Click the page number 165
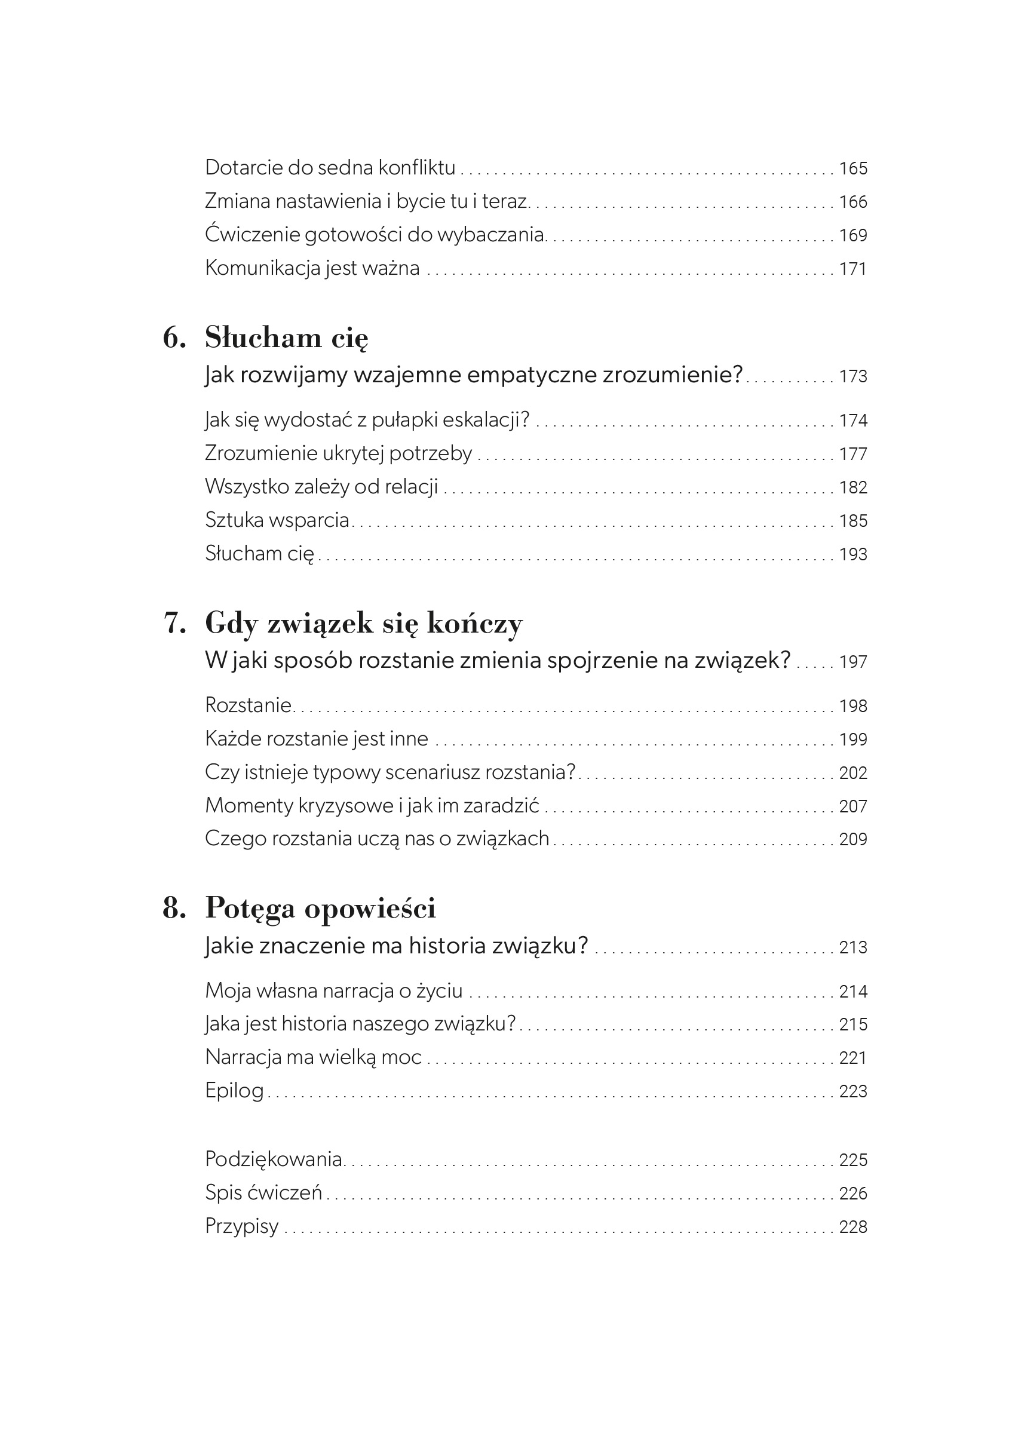point(853,168)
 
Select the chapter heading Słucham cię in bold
point(286,339)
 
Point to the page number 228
point(853,1226)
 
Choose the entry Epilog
point(234,1091)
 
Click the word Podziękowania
point(273,1159)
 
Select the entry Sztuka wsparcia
point(277,520)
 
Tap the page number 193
point(853,555)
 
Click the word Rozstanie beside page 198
point(248,705)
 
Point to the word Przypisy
point(242,1226)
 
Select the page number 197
point(853,662)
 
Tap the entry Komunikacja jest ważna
point(312,268)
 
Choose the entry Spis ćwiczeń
point(263,1192)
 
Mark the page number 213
point(853,947)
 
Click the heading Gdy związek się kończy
point(363,624)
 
